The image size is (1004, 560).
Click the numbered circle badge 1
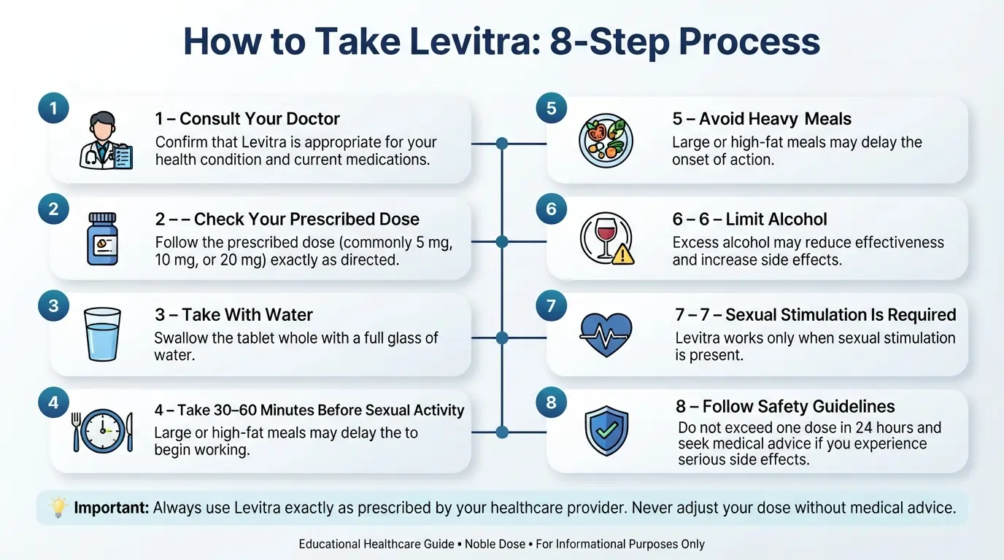[x=53, y=108]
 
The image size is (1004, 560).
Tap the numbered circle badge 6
[x=552, y=209]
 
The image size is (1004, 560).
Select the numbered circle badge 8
[x=552, y=402]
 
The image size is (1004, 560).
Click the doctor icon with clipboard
[x=106, y=140]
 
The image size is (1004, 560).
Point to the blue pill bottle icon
[x=103, y=238]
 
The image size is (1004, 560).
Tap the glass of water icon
[x=103, y=334]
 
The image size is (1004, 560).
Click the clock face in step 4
[x=103, y=430]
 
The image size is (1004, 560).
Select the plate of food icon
[x=606, y=140]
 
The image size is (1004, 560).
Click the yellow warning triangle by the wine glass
[x=622, y=256]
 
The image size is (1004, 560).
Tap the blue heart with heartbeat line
[x=606, y=335]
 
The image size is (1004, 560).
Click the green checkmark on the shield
[x=607, y=431]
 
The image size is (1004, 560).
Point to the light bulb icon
[x=58, y=507]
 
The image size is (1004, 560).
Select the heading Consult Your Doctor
[x=260, y=119]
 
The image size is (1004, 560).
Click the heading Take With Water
[x=247, y=314]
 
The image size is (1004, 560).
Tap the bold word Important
[x=111, y=507]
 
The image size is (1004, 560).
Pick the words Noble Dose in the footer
[x=495, y=544]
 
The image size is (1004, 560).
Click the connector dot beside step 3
[x=502, y=338]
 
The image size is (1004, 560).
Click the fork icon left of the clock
[x=76, y=432]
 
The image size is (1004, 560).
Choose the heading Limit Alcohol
[x=776, y=219]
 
